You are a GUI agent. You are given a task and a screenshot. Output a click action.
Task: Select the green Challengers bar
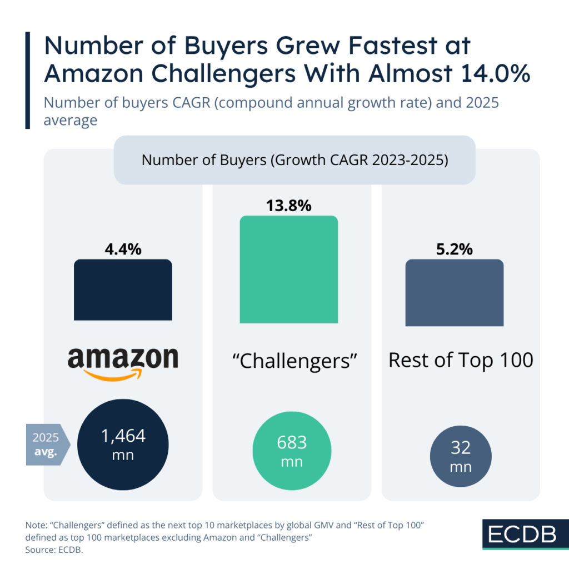tap(288, 269)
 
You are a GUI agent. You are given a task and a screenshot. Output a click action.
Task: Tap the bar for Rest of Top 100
tap(454, 292)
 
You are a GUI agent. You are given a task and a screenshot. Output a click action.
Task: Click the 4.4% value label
tap(123, 249)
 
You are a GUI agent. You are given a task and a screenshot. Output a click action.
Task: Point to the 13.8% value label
tap(288, 205)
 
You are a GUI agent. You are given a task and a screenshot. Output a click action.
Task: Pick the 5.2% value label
tap(454, 249)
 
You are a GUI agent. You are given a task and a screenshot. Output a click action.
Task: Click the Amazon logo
tap(123, 360)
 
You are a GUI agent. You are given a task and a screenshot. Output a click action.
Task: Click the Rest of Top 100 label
tap(461, 360)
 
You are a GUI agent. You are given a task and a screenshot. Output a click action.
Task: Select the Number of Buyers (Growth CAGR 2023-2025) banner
tap(295, 160)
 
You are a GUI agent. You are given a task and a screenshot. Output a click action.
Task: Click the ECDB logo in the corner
tap(522, 534)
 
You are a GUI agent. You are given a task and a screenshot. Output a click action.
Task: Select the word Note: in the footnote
tap(36, 525)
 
